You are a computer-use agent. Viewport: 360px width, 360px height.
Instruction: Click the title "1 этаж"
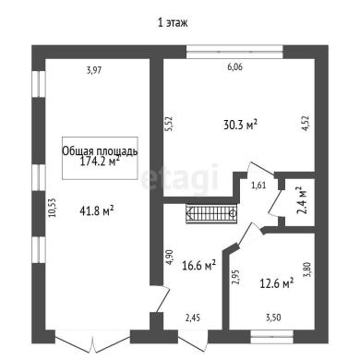click(x=173, y=23)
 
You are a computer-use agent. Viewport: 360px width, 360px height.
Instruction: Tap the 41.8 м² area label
click(x=97, y=210)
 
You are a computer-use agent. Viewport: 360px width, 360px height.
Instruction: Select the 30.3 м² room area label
click(x=240, y=125)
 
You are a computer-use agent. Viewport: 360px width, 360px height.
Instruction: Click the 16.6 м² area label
click(x=198, y=265)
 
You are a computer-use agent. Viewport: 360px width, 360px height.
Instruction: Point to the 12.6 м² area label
click(x=277, y=283)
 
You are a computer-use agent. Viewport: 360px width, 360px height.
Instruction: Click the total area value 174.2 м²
click(x=100, y=162)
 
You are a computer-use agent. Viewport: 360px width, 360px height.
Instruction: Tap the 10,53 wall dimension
click(x=53, y=209)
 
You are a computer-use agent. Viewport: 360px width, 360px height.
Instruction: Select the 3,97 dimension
click(x=94, y=70)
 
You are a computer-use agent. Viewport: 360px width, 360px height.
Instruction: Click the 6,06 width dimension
click(x=234, y=66)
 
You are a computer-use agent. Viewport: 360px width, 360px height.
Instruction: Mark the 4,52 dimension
click(x=306, y=124)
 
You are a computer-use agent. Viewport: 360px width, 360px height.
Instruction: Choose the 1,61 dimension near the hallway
click(x=258, y=186)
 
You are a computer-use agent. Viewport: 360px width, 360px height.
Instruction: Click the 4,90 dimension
click(x=170, y=257)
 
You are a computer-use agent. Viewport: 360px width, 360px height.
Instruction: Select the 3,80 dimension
click(x=307, y=270)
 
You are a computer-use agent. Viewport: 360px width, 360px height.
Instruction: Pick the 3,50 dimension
click(x=273, y=318)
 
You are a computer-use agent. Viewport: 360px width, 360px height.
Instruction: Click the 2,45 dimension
click(x=192, y=318)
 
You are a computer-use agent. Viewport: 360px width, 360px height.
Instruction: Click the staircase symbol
click(x=211, y=213)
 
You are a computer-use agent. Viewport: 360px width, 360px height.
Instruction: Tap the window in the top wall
click(x=234, y=52)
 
